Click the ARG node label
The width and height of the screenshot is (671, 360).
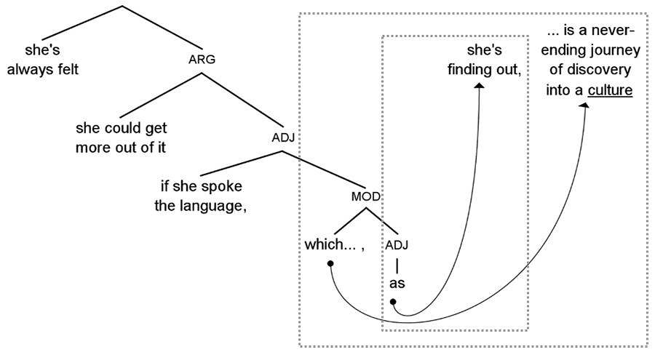[202, 60]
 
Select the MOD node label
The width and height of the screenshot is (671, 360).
[367, 196]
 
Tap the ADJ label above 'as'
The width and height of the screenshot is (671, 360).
[397, 245]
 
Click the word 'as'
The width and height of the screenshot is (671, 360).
[397, 283]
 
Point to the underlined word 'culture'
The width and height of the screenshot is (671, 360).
[610, 91]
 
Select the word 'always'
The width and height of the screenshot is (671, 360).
[31, 71]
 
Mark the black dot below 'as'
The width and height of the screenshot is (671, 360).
[393, 301]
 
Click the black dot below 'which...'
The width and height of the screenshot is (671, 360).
[330, 263]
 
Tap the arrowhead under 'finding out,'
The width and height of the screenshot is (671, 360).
[480, 87]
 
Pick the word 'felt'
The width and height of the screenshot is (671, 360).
[64, 71]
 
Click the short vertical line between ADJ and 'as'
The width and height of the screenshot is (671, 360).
[397, 265]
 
